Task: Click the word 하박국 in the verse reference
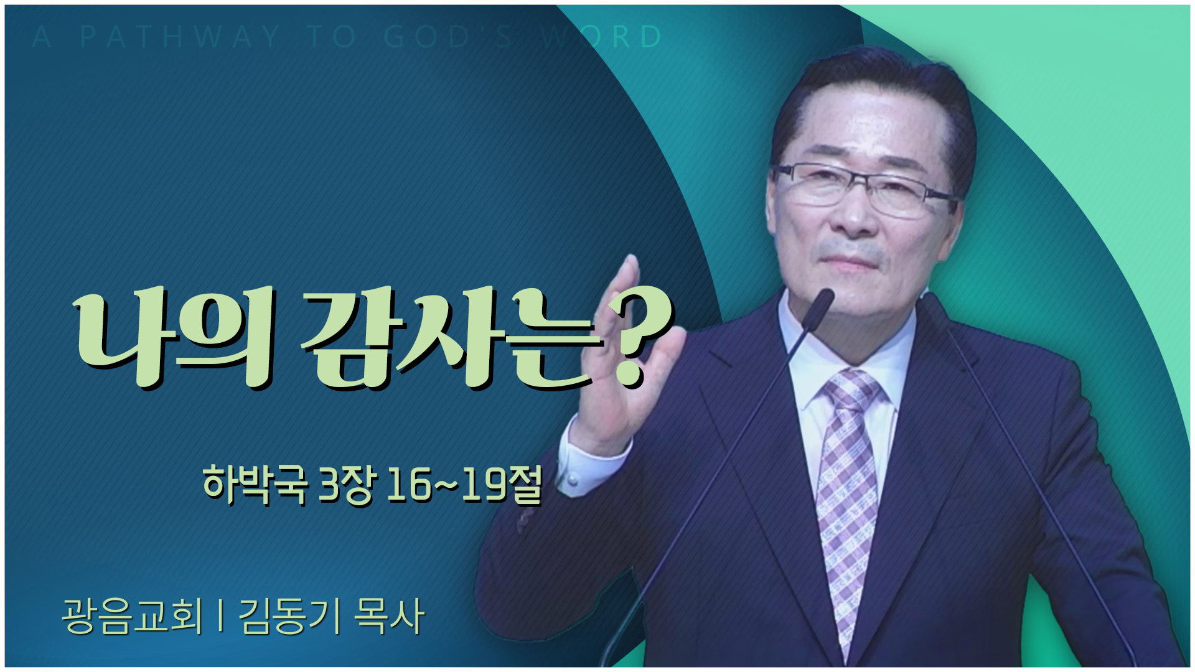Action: click(x=255, y=483)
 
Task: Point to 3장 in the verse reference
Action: click(x=346, y=485)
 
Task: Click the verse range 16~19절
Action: click(x=464, y=485)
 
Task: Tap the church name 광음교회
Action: click(x=133, y=616)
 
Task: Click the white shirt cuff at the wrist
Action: click(x=591, y=464)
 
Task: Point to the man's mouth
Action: click(x=850, y=261)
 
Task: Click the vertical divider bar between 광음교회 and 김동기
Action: click(x=221, y=616)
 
